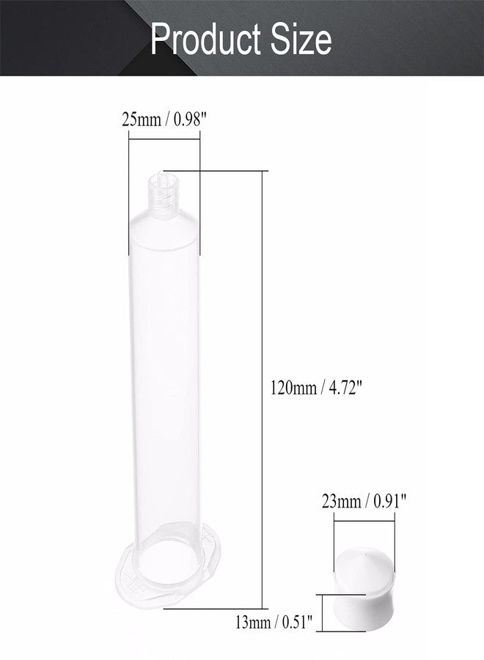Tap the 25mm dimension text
coord(142,120)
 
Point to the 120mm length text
coord(293,387)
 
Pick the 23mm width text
coord(341,502)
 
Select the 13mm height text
coord(253,622)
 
